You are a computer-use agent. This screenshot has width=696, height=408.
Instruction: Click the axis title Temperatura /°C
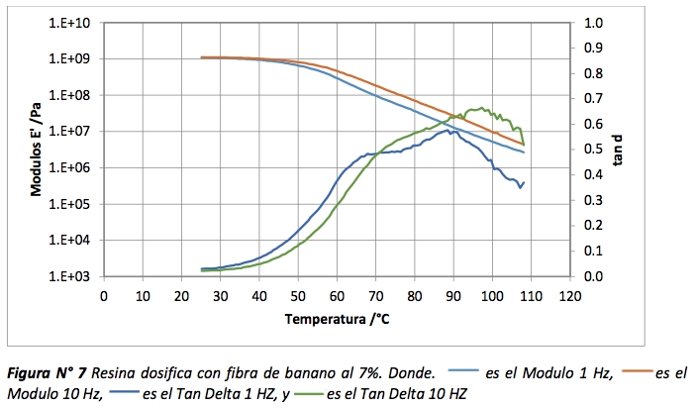(x=335, y=319)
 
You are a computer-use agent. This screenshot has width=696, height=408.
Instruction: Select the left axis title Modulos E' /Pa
(x=38, y=149)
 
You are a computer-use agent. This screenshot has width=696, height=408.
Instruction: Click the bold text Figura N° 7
(x=47, y=374)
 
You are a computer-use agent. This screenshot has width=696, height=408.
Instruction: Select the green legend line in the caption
(x=301, y=394)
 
